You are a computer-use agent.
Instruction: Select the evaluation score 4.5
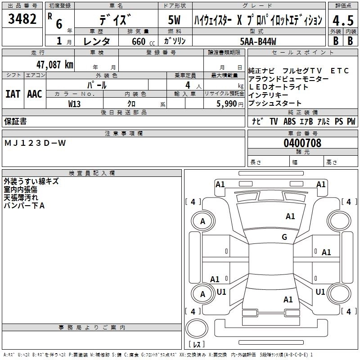tap(342, 20)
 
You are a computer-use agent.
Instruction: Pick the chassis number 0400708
tap(302, 144)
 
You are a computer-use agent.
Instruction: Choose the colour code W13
tap(75, 103)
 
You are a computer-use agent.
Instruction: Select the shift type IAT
tap(13, 94)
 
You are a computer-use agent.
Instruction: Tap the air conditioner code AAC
tap(34, 94)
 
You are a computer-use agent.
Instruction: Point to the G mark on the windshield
tap(284, 237)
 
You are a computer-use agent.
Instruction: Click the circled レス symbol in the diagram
tap(197, 332)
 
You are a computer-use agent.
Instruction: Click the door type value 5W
tap(175, 20)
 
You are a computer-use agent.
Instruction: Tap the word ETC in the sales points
tap(339, 71)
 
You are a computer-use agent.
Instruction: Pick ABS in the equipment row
tap(289, 121)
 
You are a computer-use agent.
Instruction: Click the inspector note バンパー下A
tap(24, 205)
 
